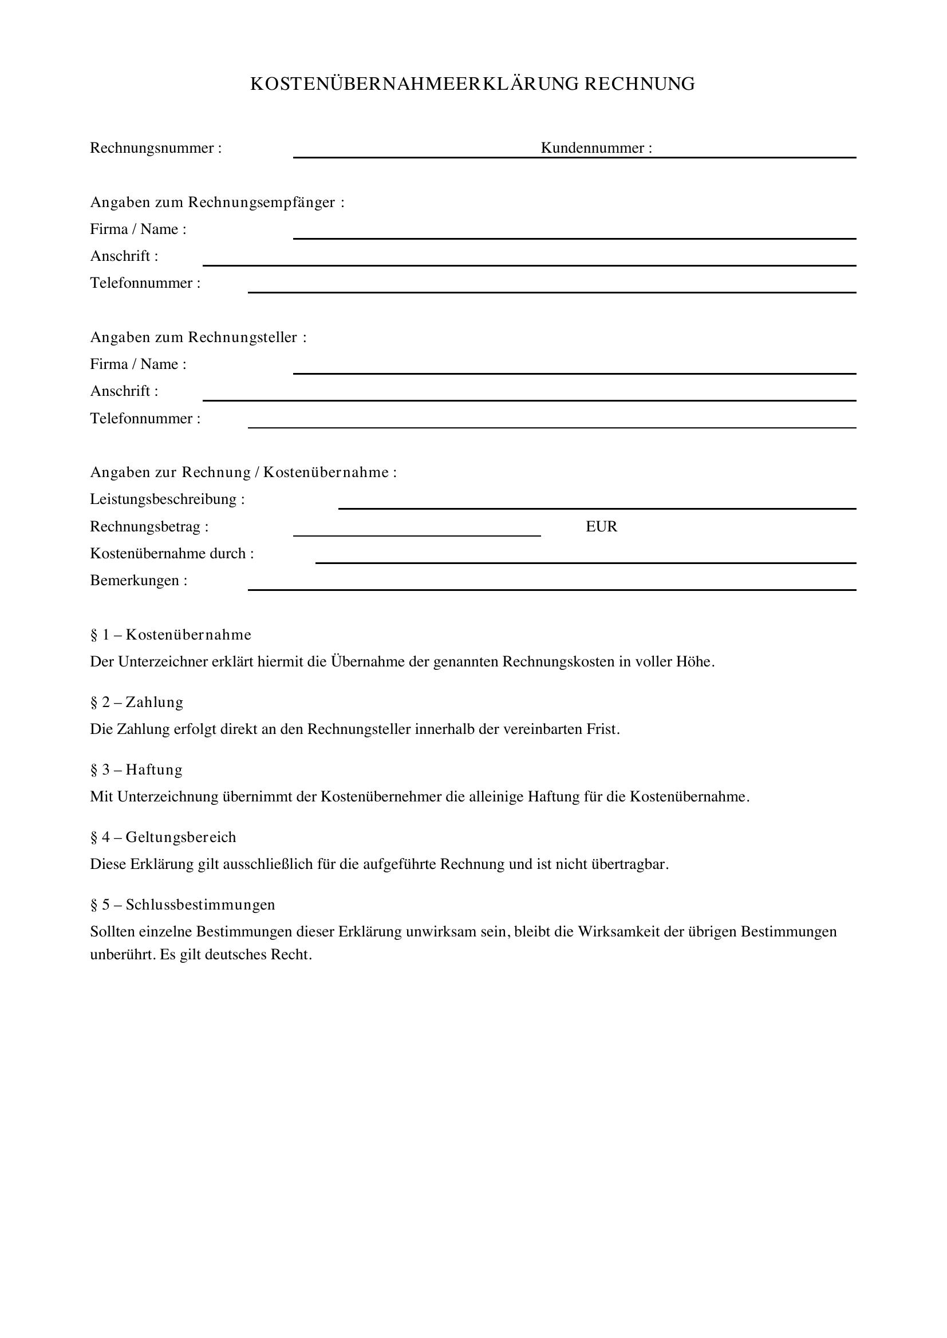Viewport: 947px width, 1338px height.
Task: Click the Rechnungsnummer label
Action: [156, 148]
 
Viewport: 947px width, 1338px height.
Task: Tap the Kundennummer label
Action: [596, 148]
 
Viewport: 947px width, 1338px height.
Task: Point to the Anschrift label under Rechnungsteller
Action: [124, 391]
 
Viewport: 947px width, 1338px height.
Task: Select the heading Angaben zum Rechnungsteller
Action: [198, 338]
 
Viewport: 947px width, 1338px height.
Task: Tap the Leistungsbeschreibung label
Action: [167, 499]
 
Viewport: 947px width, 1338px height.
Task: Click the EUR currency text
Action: [601, 527]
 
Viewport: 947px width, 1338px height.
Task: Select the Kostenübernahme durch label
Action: [172, 554]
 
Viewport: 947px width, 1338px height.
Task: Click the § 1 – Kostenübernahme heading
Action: [171, 634]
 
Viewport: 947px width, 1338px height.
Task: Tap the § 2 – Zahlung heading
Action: [136, 702]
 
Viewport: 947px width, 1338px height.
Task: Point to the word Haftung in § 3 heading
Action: [154, 770]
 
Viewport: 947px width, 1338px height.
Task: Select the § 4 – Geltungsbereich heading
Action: [163, 837]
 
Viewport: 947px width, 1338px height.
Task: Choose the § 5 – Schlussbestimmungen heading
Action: [183, 905]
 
